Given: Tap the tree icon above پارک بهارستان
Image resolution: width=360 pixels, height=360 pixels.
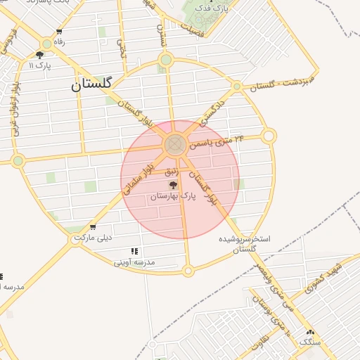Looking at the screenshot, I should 172,186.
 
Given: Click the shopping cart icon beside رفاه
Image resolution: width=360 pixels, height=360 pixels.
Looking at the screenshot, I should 59,32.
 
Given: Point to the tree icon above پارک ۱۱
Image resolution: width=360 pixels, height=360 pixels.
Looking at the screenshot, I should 40,54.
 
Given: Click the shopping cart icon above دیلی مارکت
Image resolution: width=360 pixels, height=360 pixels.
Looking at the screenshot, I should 93,227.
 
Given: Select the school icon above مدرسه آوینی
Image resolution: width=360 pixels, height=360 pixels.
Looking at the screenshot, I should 134,251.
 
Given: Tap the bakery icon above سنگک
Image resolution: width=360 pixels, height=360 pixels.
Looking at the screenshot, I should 309,332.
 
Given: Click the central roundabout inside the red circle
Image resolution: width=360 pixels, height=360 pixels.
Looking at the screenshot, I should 174,145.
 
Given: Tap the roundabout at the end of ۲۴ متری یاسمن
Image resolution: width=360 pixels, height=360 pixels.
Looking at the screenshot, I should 269,135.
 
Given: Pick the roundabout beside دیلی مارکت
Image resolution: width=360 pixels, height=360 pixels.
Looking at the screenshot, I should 76,240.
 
